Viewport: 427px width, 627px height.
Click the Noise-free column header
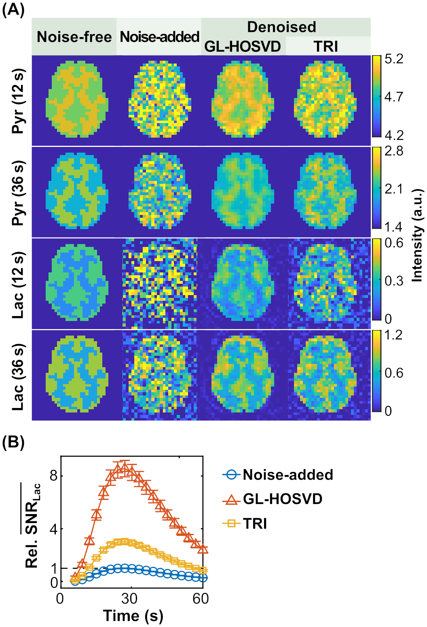[74, 37]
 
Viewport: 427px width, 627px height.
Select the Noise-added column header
[160, 37]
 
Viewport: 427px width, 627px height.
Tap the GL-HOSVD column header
[243, 46]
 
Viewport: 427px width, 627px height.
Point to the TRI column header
[326, 46]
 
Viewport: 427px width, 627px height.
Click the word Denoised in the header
[281, 27]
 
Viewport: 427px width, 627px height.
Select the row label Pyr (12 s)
[19, 101]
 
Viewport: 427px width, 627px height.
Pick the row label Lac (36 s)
[19, 377]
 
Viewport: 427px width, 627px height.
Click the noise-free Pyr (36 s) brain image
[77, 191]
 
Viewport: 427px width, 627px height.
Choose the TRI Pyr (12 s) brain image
[326, 100]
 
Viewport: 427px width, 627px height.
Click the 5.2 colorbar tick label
[394, 59]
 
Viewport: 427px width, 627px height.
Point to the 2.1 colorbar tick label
[394, 189]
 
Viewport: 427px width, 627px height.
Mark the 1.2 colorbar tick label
[393, 335]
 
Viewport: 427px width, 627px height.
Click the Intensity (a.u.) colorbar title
[417, 235]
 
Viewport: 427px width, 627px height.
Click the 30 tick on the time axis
[130, 598]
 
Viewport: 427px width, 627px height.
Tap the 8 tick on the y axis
[53, 476]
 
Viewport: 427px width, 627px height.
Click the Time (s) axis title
[133, 616]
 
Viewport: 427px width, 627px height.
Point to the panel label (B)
[13, 442]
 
